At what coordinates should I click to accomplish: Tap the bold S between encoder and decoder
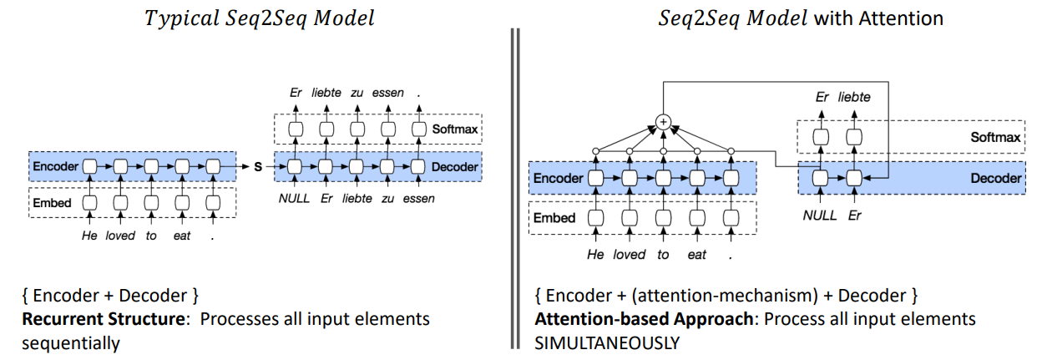click(257, 167)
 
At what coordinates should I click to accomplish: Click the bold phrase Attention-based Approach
click(646, 319)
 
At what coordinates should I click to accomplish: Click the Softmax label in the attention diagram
click(995, 136)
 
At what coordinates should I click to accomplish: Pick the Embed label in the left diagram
click(52, 202)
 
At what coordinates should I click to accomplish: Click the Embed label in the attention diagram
click(555, 218)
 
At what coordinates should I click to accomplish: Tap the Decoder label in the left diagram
click(456, 167)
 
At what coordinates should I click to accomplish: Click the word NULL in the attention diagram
click(819, 215)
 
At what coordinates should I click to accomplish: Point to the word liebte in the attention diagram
click(854, 97)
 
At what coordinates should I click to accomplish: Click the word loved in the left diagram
click(119, 236)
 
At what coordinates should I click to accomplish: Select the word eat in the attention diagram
click(696, 254)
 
